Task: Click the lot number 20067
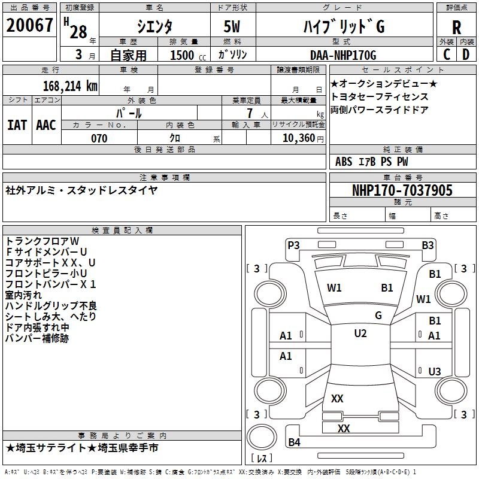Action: pyautogui.click(x=29, y=26)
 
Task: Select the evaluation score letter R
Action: pyautogui.click(x=456, y=27)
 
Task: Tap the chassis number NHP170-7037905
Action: pyautogui.click(x=402, y=190)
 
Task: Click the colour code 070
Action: pyautogui.click(x=99, y=138)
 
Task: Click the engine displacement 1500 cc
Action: pyautogui.click(x=182, y=55)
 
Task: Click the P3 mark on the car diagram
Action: pyautogui.click(x=293, y=244)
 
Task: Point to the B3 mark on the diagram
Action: pyautogui.click(x=427, y=244)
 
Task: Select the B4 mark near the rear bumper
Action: pyautogui.click(x=294, y=442)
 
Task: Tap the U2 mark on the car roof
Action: pyautogui.click(x=360, y=334)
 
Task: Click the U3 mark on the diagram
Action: pyautogui.click(x=435, y=371)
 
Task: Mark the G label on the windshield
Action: pyautogui.click(x=378, y=316)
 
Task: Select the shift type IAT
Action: pyautogui.click(x=17, y=125)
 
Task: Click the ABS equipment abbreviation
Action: pyautogui.click(x=344, y=162)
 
